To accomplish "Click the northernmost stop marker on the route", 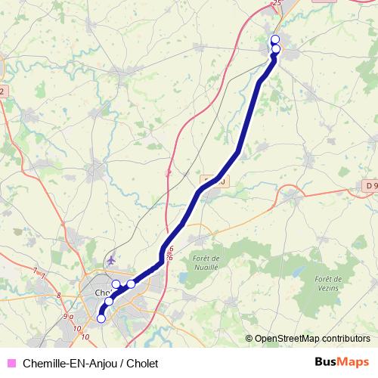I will [x=274, y=39].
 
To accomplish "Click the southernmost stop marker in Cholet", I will [x=101, y=318].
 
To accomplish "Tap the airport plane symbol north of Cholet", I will [x=113, y=259].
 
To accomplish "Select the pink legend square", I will [x=11, y=362].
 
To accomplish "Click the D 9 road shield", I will [x=369, y=185].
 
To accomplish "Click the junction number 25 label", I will [x=276, y=4].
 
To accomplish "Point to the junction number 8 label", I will [x=59, y=295].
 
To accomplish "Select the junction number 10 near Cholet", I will [x=79, y=327].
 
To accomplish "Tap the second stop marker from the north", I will [x=275, y=49].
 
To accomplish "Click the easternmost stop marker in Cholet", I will [x=131, y=283].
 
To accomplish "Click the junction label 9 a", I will [x=68, y=316].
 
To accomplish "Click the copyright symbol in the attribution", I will [x=249, y=339].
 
